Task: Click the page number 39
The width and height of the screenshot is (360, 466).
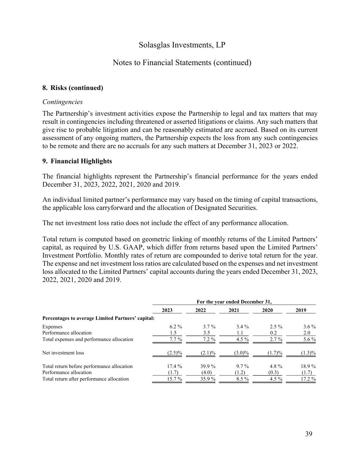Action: pos(308,434)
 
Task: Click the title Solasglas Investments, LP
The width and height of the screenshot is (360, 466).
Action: pos(182,45)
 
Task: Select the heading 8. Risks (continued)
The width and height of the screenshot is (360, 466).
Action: pos(73,88)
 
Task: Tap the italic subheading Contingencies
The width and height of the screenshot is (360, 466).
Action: pos(62,102)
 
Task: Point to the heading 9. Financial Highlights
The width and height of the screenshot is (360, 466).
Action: pos(77,161)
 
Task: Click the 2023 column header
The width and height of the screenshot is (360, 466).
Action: pos(167,310)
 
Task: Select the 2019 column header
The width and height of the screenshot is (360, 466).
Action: pos(301,310)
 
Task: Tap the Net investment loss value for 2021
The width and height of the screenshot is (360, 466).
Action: pos(241,353)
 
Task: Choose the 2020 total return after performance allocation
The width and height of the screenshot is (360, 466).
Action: pos(274,379)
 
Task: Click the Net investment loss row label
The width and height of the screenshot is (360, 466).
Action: pos(63,353)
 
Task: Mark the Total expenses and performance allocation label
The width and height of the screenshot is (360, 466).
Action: pos(88,339)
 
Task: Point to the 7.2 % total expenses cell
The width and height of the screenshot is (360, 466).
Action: pos(207,339)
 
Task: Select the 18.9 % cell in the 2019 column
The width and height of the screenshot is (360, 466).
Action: pos(308,366)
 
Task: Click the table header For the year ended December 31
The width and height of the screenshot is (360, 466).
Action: pos(234,301)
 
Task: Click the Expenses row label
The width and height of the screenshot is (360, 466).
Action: pos(52,326)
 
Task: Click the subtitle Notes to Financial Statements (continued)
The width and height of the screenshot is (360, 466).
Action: pos(182,63)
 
